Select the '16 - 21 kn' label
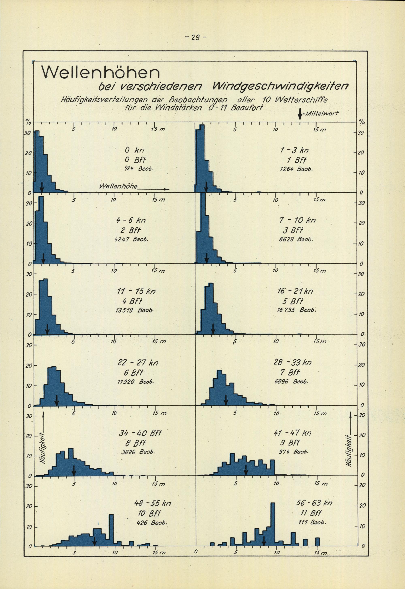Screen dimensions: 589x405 click(295, 291)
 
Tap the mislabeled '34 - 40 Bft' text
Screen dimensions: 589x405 click(140, 433)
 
